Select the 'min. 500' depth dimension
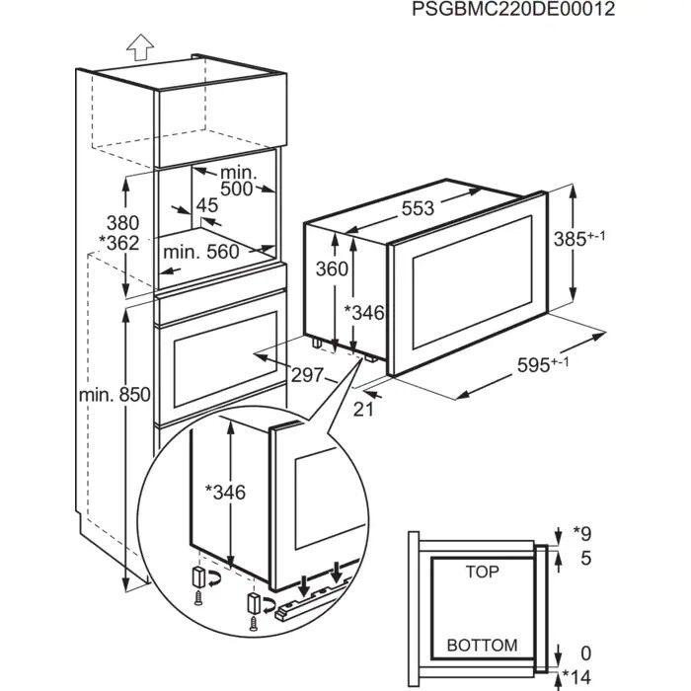pyautogui.click(x=237, y=181)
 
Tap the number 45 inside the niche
pyautogui.click(x=207, y=205)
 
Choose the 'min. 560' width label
pyautogui.click(x=201, y=252)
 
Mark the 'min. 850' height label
pyautogui.click(x=115, y=395)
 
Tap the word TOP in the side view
pyautogui.click(x=483, y=572)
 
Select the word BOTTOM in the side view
pyautogui.click(x=482, y=645)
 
